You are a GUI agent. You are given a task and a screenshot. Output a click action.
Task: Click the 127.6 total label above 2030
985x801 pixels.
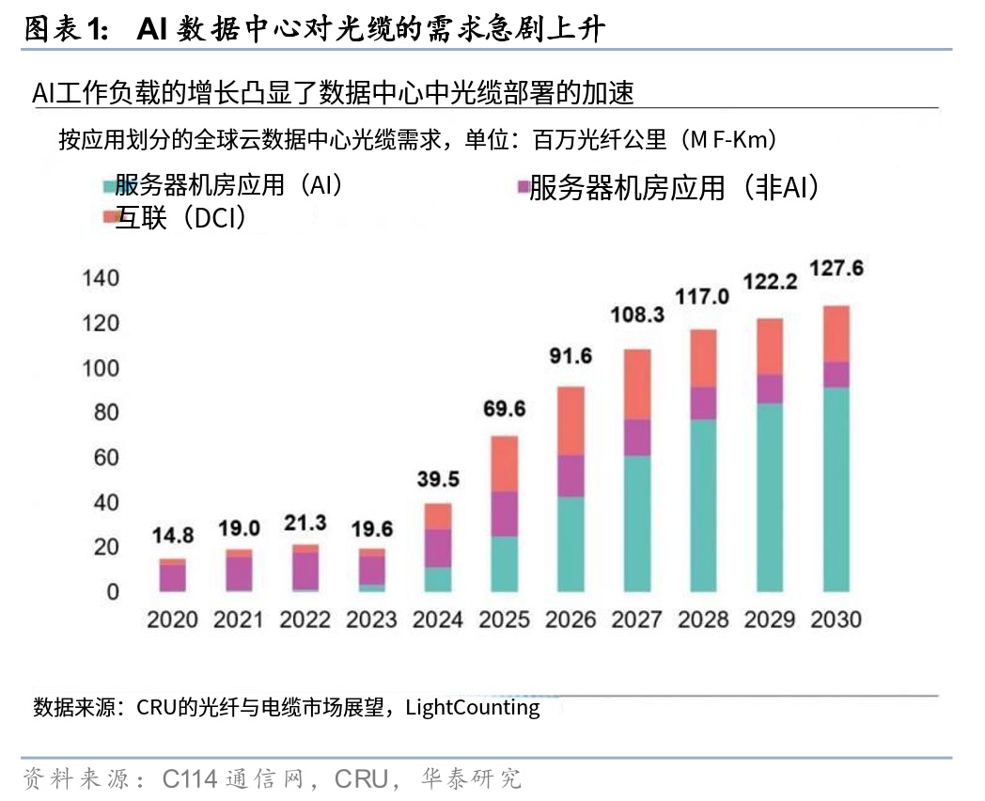click(x=836, y=268)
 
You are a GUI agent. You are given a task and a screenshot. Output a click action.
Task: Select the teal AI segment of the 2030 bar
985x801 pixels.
click(x=836, y=489)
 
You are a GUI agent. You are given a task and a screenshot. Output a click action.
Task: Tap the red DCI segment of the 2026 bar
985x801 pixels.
click(x=571, y=420)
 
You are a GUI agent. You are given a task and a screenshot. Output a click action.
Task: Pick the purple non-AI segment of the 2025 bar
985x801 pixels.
click(x=505, y=513)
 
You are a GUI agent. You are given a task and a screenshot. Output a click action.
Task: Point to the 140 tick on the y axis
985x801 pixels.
click(x=101, y=278)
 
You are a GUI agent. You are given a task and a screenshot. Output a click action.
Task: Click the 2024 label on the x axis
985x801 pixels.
click(x=438, y=620)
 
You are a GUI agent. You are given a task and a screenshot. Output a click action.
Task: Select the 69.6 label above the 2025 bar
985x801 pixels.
click(x=505, y=410)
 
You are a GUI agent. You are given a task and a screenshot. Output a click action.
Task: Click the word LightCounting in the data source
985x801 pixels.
click(x=473, y=707)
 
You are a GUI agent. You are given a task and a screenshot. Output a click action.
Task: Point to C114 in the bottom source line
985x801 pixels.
click(x=191, y=778)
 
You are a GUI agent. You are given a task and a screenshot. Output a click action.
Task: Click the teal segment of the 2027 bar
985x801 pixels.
click(x=637, y=523)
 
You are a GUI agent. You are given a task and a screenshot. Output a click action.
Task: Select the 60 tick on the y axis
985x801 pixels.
click(x=106, y=458)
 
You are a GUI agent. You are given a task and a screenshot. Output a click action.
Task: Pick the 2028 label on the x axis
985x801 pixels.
click(x=703, y=620)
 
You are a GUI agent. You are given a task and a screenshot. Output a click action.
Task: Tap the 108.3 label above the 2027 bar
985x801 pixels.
click(x=637, y=315)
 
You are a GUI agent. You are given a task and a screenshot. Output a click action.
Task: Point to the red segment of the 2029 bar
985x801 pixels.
click(x=770, y=346)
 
